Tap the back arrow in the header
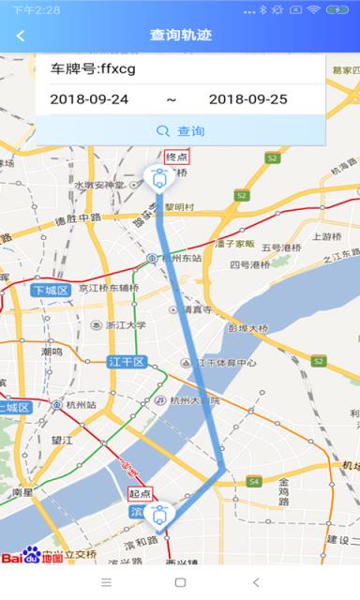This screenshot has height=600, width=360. tap(21, 36)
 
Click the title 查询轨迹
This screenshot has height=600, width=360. tap(179, 36)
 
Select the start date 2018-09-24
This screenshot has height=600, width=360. tap(89, 99)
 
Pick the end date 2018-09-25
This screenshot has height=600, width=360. tap(247, 99)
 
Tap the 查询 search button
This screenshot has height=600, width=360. tap(180, 131)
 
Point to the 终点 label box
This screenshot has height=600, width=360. tap(175, 157)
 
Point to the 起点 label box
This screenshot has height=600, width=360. tap(140, 493)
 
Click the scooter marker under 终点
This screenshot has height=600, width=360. tap(157, 177)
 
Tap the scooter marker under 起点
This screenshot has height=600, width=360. tap(159, 514)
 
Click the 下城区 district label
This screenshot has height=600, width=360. tap(50, 291)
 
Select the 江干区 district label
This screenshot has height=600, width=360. tap(127, 362)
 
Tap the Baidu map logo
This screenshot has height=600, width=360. tap(32, 556)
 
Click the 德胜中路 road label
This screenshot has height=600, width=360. tap(77, 218)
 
